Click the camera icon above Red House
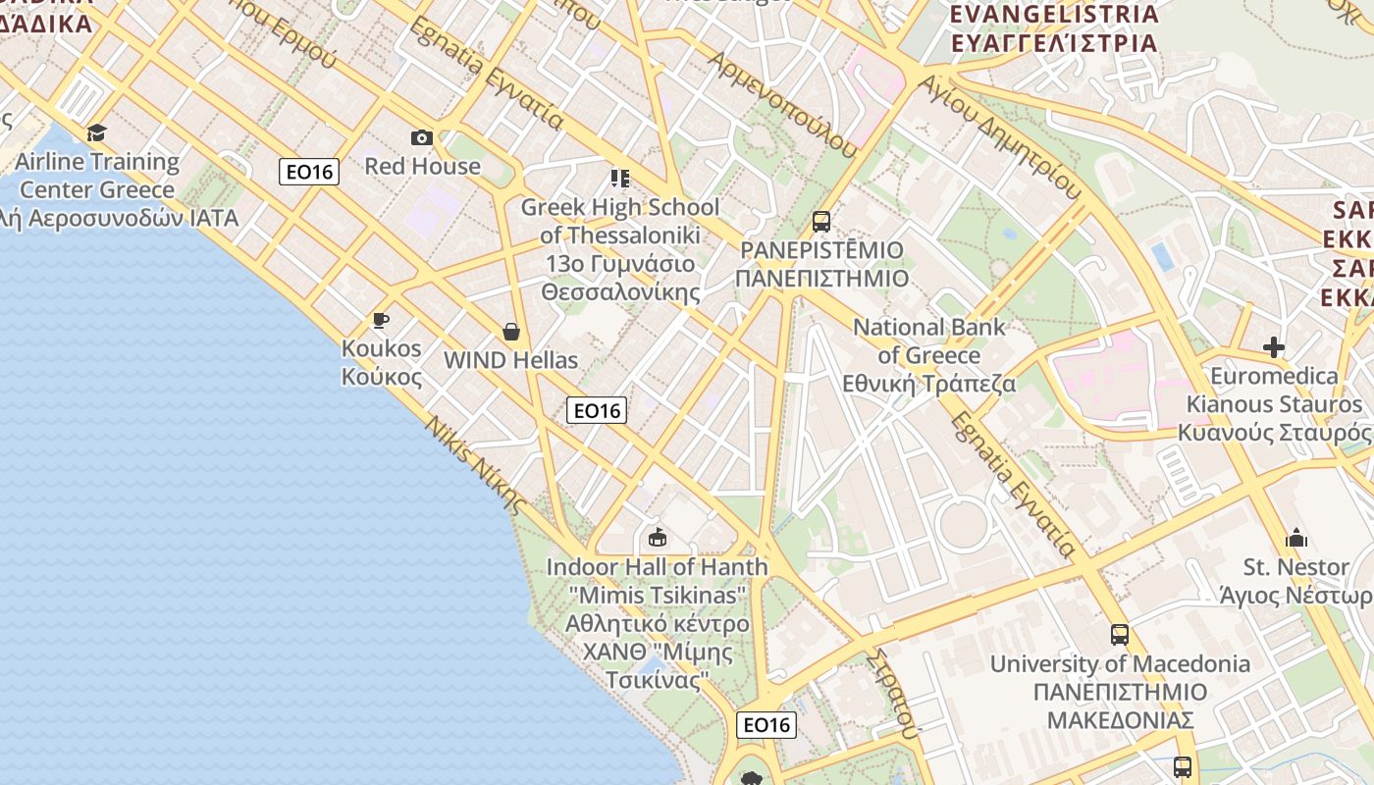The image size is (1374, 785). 422,137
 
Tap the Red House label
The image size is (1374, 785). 423,166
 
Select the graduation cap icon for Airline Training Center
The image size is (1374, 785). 96,132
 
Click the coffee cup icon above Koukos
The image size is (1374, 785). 381,320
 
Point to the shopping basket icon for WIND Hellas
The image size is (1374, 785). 510,332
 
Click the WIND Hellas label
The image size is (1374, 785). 510,360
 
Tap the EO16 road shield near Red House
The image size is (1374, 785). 309,172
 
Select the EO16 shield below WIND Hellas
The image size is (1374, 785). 597,410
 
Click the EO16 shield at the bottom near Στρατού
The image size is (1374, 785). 766,725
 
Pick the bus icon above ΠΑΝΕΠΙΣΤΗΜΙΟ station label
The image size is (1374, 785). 821,222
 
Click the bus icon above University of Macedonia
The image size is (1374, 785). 1120,635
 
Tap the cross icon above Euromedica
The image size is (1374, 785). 1274,347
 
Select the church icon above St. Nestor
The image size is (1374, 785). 1296,538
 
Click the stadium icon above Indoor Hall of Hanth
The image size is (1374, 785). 657,538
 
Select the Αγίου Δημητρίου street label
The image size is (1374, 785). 1000,137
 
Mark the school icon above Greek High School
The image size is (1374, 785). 619,178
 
